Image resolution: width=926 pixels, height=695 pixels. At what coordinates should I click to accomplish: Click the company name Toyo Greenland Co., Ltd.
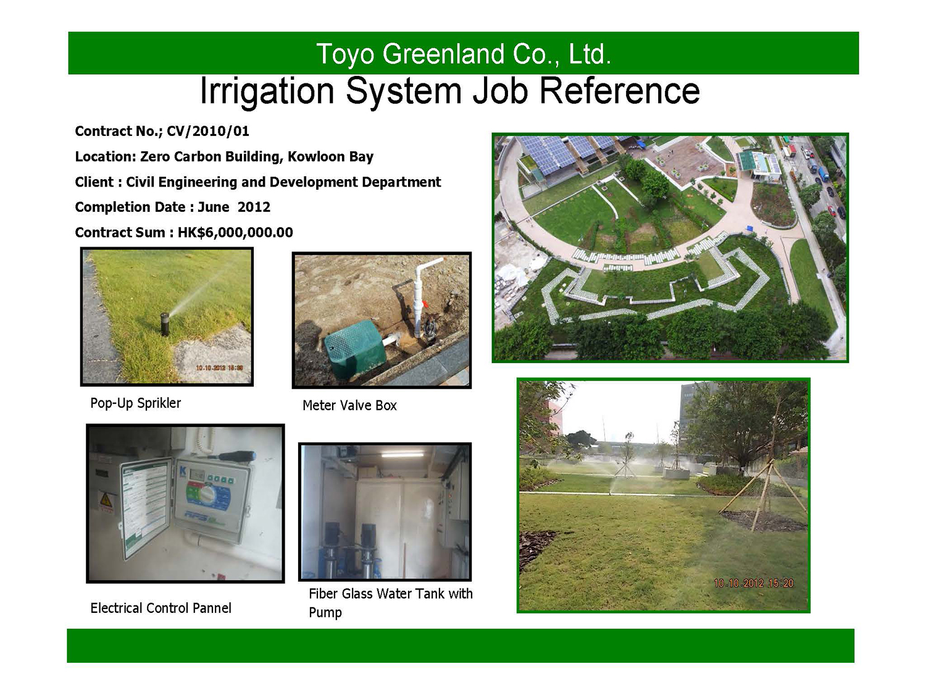(x=464, y=54)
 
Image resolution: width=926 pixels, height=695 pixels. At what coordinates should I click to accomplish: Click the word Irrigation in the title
(x=267, y=91)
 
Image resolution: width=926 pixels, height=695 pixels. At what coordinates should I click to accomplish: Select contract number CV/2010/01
(x=208, y=131)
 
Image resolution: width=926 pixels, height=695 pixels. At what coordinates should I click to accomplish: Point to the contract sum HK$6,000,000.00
(x=235, y=232)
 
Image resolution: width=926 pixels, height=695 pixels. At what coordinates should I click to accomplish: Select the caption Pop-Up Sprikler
(x=135, y=403)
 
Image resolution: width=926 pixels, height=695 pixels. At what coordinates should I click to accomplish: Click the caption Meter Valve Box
(x=349, y=405)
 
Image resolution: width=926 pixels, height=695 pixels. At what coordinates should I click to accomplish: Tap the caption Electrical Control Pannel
(x=161, y=608)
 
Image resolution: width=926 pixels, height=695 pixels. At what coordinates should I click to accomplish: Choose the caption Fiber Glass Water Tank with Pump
(x=390, y=603)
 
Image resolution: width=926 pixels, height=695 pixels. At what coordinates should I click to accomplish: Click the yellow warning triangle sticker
(x=106, y=501)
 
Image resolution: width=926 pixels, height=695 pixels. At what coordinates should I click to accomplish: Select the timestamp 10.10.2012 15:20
(x=754, y=583)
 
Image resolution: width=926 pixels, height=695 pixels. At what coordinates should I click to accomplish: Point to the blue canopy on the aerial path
(x=750, y=229)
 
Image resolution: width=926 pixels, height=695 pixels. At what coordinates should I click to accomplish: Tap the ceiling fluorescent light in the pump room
(x=403, y=453)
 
